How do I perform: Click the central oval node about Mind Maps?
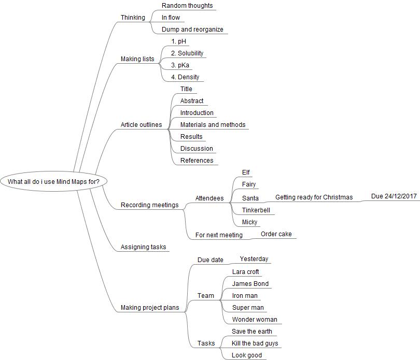(53, 181)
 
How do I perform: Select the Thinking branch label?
(133, 18)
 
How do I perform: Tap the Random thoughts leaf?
(187, 6)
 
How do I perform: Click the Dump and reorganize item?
(192, 30)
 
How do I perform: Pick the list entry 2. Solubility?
(187, 53)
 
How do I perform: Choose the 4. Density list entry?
(185, 77)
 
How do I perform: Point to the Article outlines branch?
(141, 125)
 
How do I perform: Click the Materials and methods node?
(213, 125)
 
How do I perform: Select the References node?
(197, 161)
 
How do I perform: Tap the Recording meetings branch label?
(149, 205)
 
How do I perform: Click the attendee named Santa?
(250, 198)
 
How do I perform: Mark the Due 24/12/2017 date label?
(394, 197)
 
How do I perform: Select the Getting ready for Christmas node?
(314, 197)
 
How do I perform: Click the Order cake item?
(276, 234)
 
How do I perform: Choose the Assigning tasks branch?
(143, 247)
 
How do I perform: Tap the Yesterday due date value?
(254, 259)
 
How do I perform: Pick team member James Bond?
(250, 284)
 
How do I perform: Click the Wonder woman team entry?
(255, 320)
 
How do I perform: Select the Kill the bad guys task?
(255, 343)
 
